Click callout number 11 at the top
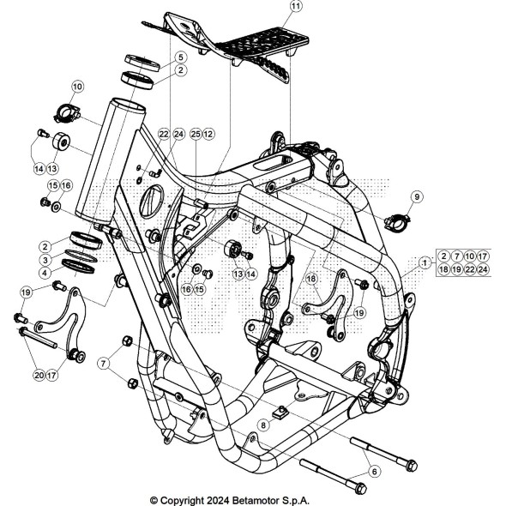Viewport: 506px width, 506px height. (x=296, y=8)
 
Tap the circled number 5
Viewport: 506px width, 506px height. (x=180, y=57)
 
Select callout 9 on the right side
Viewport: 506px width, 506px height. (x=417, y=197)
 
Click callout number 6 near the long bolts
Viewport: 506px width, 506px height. (x=374, y=470)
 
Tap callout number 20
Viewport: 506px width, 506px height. (x=39, y=375)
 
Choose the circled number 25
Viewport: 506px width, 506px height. (x=196, y=135)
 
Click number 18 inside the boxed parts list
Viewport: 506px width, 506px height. (x=443, y=269)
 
